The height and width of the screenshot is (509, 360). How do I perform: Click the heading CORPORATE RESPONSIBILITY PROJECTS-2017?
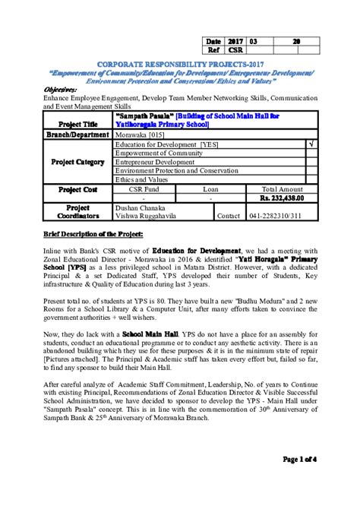click(x=179, y=65)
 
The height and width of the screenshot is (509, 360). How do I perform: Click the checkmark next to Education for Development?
click(x=311, y=144)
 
